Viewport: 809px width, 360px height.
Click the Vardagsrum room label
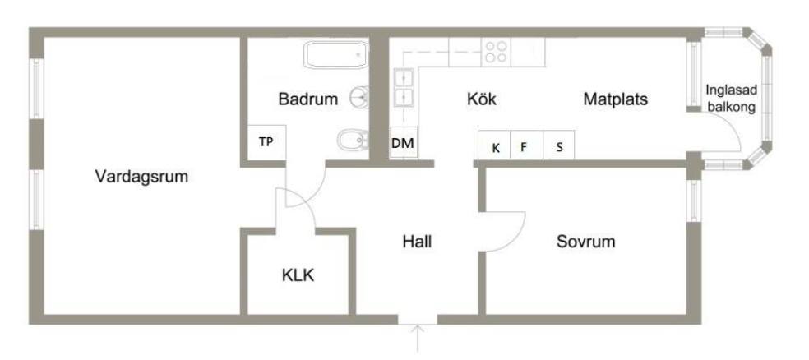141,177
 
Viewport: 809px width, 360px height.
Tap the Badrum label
308,99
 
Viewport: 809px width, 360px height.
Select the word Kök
482,99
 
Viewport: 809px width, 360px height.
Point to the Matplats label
616,99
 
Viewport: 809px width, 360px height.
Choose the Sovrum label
586,242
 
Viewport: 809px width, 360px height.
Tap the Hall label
417,242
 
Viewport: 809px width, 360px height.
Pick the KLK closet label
298,275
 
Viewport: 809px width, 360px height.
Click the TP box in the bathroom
266,142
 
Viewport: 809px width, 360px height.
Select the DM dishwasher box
403,143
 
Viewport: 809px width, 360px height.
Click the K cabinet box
494,145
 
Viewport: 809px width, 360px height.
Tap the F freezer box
526,145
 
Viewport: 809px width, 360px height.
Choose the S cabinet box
559,145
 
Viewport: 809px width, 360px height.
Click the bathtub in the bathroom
336,55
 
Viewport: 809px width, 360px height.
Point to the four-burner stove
496,52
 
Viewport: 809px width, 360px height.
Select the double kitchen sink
404,88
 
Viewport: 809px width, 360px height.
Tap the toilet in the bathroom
354,139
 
